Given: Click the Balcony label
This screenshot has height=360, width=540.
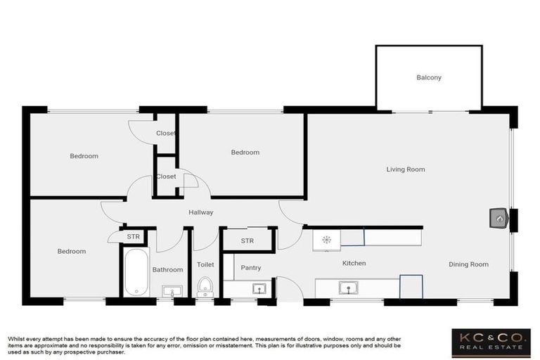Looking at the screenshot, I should tap(429, 77).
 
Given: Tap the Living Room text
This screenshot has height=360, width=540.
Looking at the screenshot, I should tap(406, 169).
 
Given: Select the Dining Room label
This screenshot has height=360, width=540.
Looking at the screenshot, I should tap(468, 264).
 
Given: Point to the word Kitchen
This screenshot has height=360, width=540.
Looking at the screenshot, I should tap(354, 263).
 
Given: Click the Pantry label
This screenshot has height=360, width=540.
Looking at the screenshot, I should tap(250, 268).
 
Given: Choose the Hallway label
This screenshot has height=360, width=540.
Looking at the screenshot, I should tap(200, 212).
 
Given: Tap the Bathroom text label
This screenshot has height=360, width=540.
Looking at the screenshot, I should tap(168, 269).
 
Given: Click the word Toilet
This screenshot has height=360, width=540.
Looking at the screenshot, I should tap(205, 264).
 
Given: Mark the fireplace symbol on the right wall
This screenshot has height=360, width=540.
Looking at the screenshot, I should tap(499, 219).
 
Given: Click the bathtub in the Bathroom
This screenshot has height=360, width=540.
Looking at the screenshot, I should tap(136, 272).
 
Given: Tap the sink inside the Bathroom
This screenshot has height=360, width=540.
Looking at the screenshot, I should tap(171, 290).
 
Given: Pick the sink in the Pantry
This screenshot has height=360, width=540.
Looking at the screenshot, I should tap(259, 288).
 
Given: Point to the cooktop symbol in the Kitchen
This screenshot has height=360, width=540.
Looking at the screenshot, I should tap(326, 239).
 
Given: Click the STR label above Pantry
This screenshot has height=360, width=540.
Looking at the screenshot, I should tap(247, 241).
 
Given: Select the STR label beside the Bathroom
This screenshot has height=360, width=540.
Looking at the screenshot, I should tap(133, 237).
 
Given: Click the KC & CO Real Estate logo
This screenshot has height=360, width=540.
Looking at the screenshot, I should tap(491, 341).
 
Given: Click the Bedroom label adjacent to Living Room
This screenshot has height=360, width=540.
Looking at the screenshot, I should tap(245, 153).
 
